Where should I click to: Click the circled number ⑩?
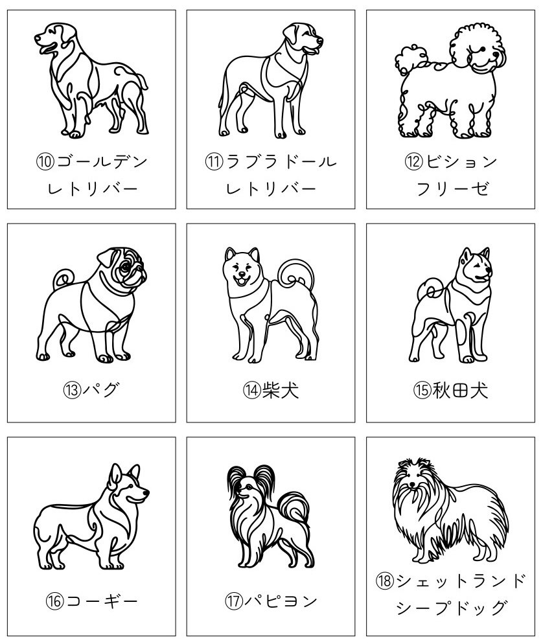click(x=45, y=161)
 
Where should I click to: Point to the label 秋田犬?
click(x=460, y=390)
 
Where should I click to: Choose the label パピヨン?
click(x=281, y=602)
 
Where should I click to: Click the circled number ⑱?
click(x=384, y=580)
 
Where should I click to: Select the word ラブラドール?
click(x=281, y=161)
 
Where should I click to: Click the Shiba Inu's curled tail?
click(x=297, y=275)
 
